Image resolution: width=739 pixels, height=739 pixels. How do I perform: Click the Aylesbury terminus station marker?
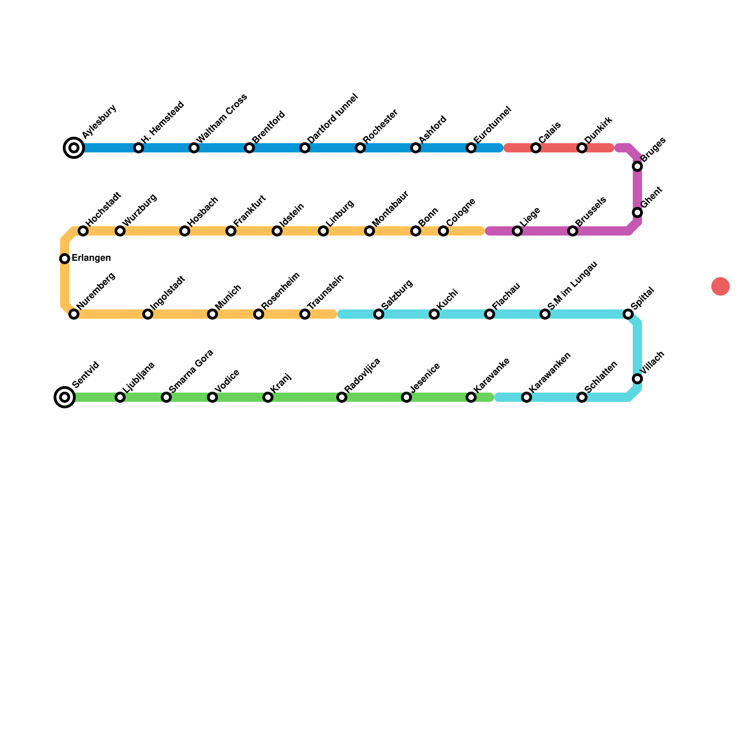(x=74, y=148)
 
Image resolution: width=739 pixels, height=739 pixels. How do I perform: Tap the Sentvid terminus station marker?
(x=65, y=397)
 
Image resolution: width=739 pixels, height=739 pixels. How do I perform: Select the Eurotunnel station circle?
(x=471, y=148)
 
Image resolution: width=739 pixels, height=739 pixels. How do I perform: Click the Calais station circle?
(x=536, y=148)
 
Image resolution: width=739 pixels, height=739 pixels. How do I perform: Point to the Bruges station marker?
(x=637, y=166)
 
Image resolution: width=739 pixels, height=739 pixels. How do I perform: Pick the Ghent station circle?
(x=637, y=212)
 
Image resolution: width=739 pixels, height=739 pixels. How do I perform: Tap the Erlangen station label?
(x=91, y=258)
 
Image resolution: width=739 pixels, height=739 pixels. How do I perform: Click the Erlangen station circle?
(x=65, y=259)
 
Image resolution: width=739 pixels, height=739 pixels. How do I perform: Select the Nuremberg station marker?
(x=74, y=314)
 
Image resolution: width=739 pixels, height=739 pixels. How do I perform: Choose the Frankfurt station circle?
(x=231, y=231)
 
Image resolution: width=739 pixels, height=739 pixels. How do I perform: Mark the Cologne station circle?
(x=443, y=231)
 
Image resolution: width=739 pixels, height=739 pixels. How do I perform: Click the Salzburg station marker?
(x=379, y=314)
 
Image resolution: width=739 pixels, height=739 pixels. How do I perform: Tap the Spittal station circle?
(x=628, y=314)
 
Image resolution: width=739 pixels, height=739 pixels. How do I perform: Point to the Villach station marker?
(x=637, y=379)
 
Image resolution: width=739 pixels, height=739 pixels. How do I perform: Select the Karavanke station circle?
(x=471, y=397)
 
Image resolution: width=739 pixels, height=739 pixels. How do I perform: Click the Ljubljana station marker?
(x=120, y=397)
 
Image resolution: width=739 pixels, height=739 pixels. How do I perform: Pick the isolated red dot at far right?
(x=721, y=286)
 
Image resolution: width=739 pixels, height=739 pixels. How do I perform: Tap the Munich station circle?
(x=212, y=314)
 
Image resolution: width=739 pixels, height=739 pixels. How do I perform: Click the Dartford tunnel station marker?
(x=305, y=148)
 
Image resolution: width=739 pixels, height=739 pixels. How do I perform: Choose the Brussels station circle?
(x=573, y=231)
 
